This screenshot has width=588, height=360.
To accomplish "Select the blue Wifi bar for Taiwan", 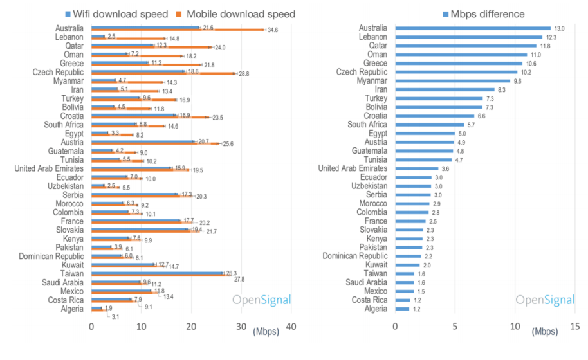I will point(156,273).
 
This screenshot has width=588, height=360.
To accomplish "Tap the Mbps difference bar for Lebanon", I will point(468,37).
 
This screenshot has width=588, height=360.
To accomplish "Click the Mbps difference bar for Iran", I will point(445,90).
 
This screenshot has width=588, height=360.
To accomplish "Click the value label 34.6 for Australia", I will point(273,30).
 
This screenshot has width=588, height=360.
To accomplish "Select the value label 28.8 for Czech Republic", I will point(244,74).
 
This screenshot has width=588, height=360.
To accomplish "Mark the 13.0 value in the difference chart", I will point(559,28).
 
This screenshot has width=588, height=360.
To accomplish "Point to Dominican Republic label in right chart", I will point(354,256).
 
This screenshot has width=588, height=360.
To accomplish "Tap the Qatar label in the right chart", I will point(378,46).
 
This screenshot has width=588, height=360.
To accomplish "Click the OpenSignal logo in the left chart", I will point(261,300).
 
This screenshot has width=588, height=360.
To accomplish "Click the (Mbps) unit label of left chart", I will point(266,332).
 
